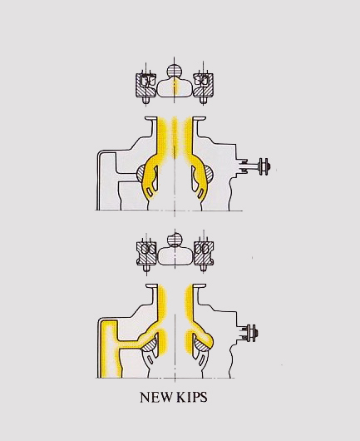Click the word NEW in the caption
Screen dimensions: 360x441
pos(156,397)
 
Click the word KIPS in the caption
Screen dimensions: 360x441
pos(192,397)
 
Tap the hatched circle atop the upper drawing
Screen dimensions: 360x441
pos(175,71)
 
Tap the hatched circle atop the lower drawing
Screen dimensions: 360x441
pos(175,240)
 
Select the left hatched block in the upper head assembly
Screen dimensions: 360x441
pos(145,85)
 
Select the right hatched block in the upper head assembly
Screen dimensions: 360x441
pos(203,85)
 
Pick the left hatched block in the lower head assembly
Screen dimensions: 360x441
pos(146,253)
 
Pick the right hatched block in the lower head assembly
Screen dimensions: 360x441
pos(204,253)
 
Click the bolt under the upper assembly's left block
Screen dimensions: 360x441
pos(145,101)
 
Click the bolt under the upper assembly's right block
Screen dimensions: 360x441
pos(203,101)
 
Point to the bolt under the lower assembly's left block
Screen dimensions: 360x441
pos(145,268)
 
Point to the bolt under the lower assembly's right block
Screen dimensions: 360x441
pos(204,268)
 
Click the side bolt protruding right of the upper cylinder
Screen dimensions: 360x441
pos(257,166)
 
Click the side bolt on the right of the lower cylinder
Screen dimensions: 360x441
pos(249,333)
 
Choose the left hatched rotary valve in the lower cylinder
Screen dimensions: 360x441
pos(149,345)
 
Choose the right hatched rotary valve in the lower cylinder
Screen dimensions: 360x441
pos(201,345)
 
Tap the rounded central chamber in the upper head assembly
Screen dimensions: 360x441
pos(175,87)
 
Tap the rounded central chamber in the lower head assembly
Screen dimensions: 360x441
pos(175,255)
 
